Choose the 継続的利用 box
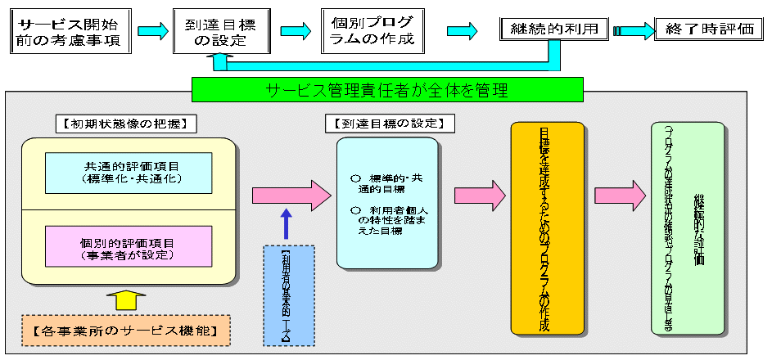[x=555, y=29]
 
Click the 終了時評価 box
[x=710, y=29]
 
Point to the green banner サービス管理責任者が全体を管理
[x=386, y=90]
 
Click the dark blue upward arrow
[x=285, y=223]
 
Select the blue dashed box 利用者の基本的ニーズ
[x=289, y=295]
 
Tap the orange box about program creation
[x=546, y=228]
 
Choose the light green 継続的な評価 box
[x=687, y=228]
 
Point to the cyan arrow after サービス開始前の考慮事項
[x=153, y=31]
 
